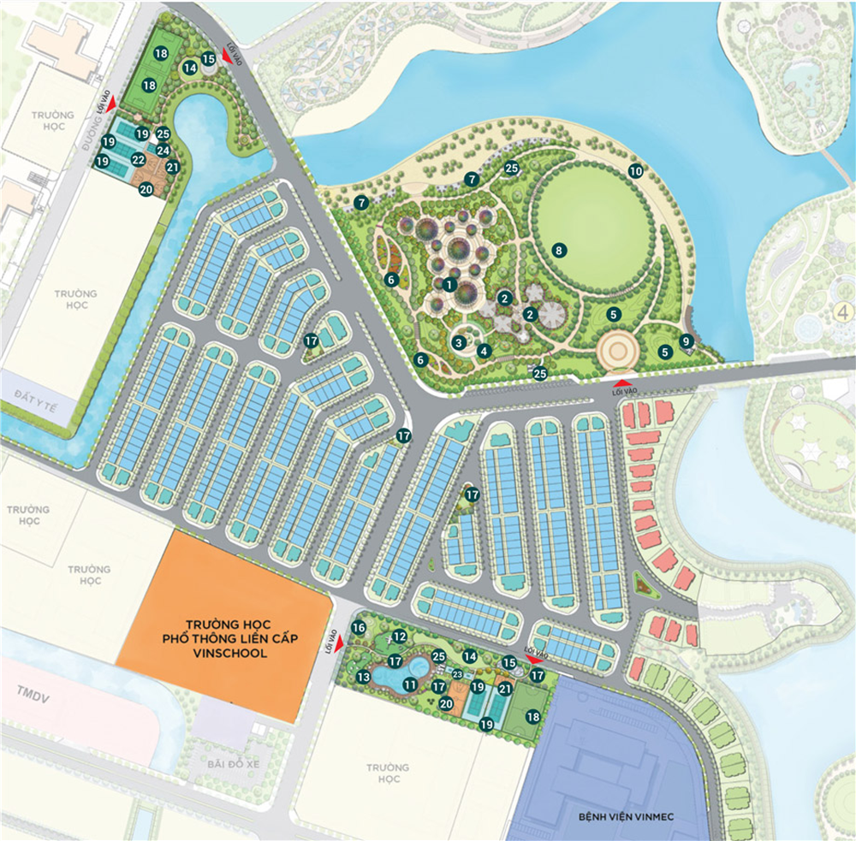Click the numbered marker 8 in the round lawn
[558, 251]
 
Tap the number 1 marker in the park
[449, 283]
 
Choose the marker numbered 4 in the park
[484, 349]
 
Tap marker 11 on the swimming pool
[410, 684]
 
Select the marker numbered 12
[399, 637]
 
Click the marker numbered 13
[363, 677]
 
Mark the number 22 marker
[138, 159]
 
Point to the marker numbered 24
[163, 151]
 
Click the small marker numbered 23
[458, 675]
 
